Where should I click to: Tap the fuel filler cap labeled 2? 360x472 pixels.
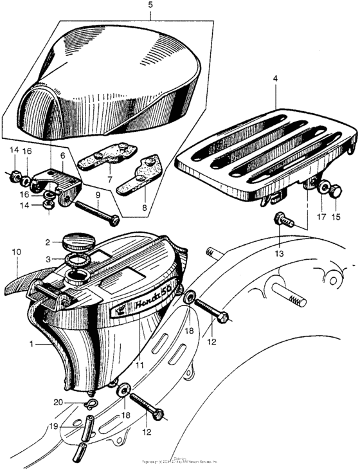tap(78, 244)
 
